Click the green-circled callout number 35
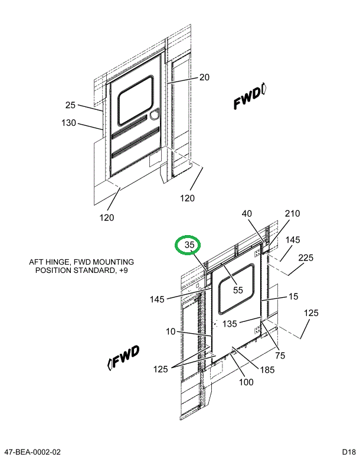click(x=189, y=245)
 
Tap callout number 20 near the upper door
click(x=204, y=77)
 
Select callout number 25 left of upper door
click(x=71, y=105)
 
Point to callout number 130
click(x=68, y=123)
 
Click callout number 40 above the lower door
click(x=247, y=214)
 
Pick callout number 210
click(x=293, y=214)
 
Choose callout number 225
click(x=305, y=258)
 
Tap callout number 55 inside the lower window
click(x=238, y=290)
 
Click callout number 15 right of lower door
click(x=293, y=297)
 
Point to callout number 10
click(x=171, y=331)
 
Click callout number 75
click(x=280, y=355)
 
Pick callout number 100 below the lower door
click(x=246, y=382)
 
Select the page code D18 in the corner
click(x=346, y=452)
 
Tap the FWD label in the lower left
click(x=124, y=357)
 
